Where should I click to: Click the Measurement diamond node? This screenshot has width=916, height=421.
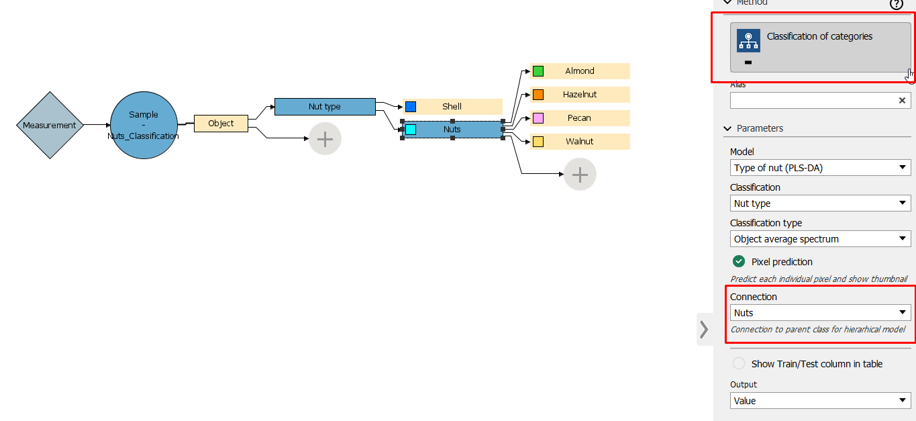tap(50, 126)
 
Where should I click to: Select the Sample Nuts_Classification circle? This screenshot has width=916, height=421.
tap(143, 126)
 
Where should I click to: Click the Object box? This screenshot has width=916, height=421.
tap(221, 124)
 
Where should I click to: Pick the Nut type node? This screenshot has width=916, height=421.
tap(325, 107)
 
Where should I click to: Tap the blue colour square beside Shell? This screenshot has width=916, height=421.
tap(411, 107)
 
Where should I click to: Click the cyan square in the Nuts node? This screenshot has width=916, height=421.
tap(411, 129)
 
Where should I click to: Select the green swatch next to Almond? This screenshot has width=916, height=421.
tap(538, 71)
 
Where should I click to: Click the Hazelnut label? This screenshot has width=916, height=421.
tap(580, 95)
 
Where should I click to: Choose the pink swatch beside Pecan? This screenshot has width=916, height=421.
tap(538, 118)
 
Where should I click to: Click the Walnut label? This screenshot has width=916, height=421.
tap(580, 142)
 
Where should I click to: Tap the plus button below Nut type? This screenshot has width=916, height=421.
tap(325, 139)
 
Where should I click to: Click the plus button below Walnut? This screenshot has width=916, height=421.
tap(580, 175)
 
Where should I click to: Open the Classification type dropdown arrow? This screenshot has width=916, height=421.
tap(903, 239)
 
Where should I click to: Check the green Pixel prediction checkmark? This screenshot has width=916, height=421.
tap(739, 262)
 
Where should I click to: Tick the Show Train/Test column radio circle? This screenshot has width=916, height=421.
tap(739, 364)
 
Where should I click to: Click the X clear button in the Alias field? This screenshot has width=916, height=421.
tap(903, 100)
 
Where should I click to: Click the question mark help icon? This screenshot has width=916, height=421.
tap(897, 4)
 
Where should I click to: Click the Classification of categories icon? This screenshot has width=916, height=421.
tap(748, 40)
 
